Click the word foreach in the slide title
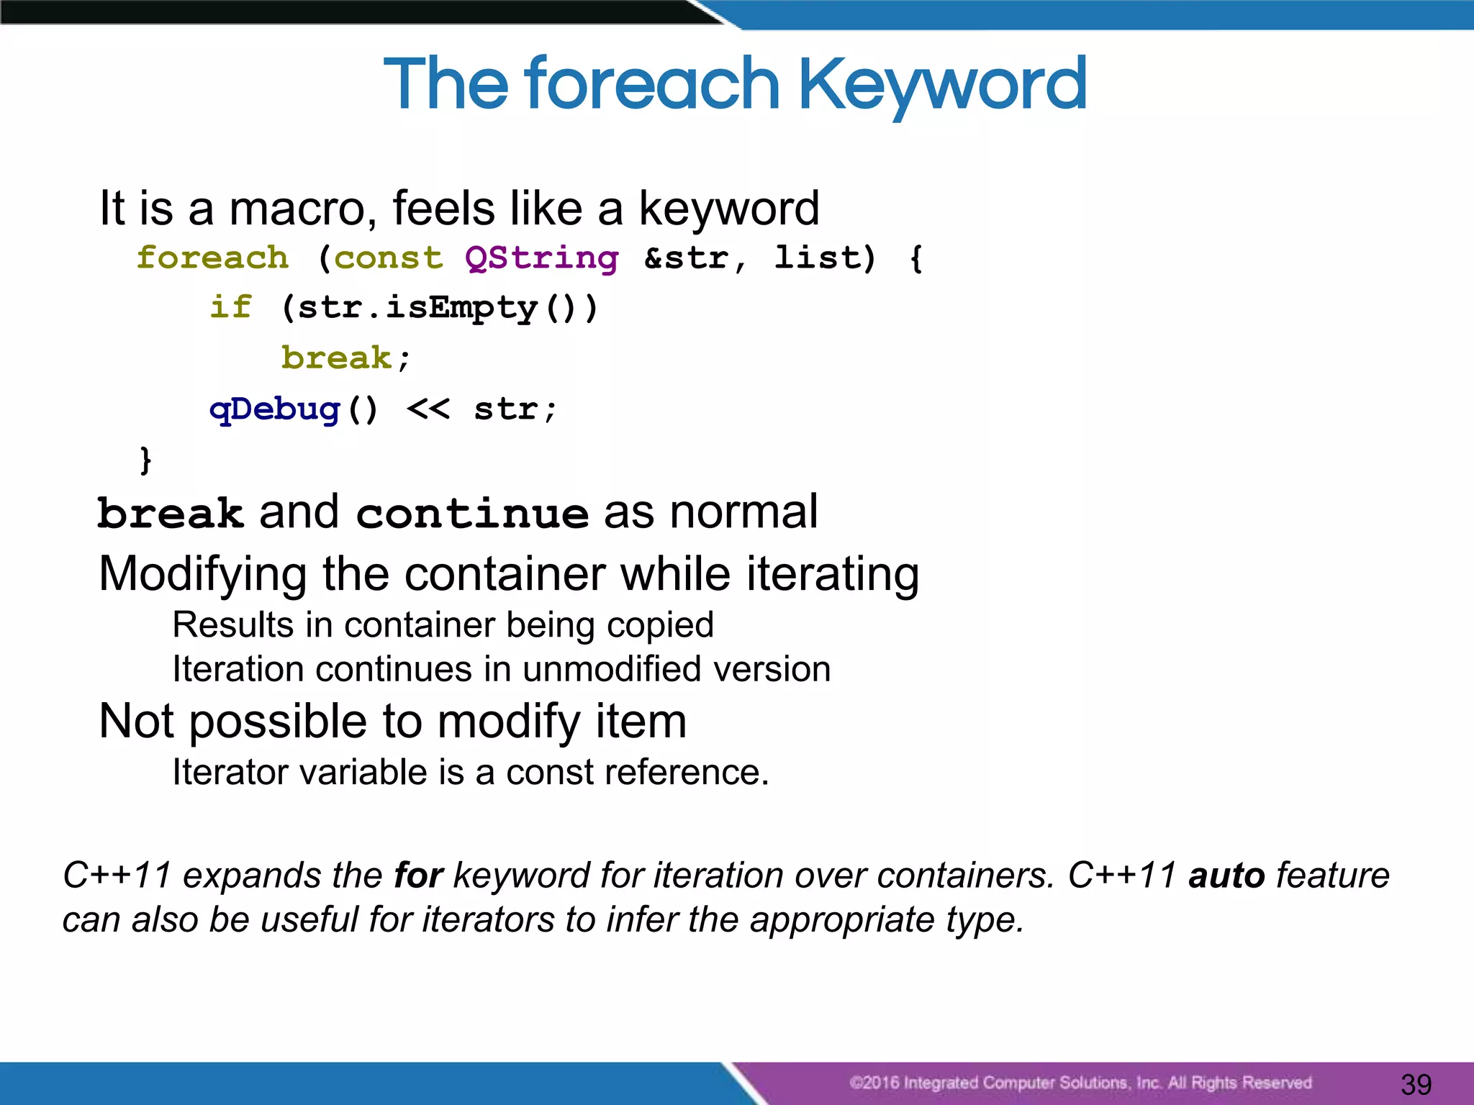coord(651,85)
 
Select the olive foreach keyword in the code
coord(212,258)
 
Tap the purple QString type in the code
coord(541,258)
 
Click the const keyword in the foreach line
coord(389,258)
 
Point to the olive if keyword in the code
coord(230,307)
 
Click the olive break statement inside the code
coord(336,358)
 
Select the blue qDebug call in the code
coord(274,409)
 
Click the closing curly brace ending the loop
coord(146,459)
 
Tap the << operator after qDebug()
coord(428,409)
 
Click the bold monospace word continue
coord(472,514)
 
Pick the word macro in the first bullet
coord(302,209)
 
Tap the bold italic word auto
coord(1226,876)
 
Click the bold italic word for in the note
coord(418,876)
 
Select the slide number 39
coord(1416,1084)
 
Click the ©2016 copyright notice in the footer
coord(1080,1083)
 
